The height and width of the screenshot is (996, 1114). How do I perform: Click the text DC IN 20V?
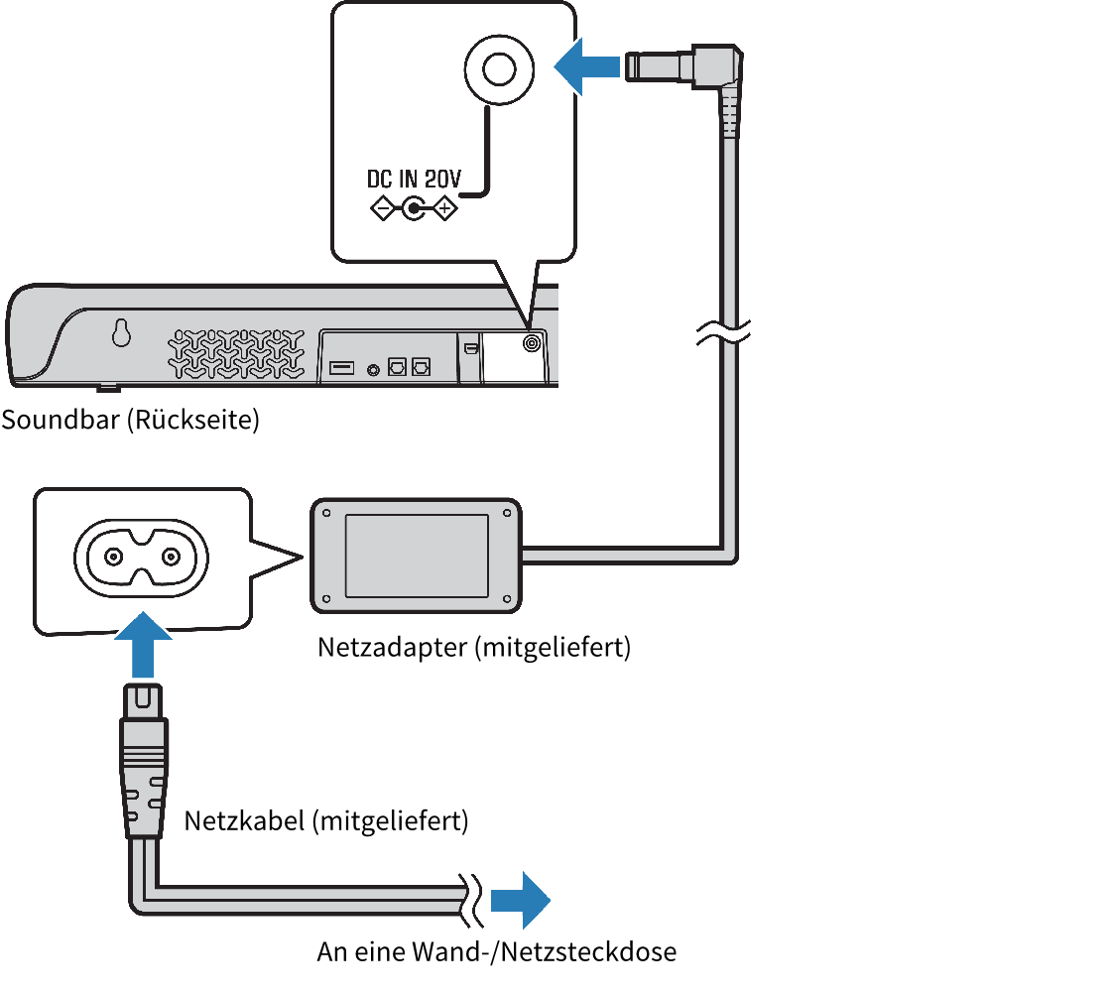(414, 181)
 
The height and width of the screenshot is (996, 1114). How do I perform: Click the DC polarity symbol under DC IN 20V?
(413, 209)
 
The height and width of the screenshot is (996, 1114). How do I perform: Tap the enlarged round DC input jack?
(500, 70)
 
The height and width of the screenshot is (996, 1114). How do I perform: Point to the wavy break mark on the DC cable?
(725, 334)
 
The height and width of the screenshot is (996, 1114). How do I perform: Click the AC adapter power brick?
(417, 555)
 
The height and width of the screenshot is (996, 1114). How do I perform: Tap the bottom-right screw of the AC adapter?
(507, 598)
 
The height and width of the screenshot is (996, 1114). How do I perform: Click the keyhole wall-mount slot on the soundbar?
(121, 334)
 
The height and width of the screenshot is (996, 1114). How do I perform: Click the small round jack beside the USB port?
(373, 369)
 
